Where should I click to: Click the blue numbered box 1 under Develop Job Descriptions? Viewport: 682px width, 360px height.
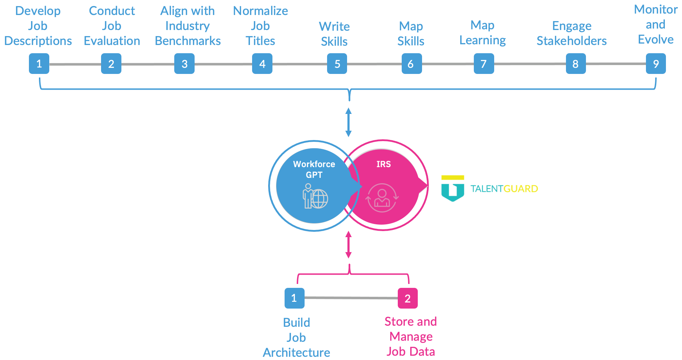[39, 64]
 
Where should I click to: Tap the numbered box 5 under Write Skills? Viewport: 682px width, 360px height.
[337, 64]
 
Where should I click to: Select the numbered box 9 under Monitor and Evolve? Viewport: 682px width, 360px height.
[656, 64]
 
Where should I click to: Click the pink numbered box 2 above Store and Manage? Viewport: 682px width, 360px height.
[407, 298]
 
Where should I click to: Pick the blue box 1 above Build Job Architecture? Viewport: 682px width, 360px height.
[294, 298]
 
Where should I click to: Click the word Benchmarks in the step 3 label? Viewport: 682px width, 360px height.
[188, 41]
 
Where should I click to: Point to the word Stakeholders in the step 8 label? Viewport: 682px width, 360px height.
[571, 41]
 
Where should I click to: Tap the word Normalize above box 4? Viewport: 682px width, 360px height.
[260, 11]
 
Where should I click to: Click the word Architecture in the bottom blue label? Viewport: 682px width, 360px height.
[296, 352]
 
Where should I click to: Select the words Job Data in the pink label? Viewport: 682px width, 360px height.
[411, 351]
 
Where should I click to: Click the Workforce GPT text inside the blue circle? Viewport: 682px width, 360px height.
[314, 169]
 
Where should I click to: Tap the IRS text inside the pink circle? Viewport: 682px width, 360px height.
[383, 164]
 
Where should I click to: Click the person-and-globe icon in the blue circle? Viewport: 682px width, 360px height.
[315, 196]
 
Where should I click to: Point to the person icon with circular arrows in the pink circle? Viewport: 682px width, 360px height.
[382, 198]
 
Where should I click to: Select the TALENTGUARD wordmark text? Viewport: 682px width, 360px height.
[504, 189]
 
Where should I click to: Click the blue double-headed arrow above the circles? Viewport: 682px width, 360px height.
[348, 122]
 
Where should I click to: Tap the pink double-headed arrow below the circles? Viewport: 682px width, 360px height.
[348, 245]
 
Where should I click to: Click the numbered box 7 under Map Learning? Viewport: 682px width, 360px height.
[483, 64]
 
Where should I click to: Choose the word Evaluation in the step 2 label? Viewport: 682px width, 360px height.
[112, 41]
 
